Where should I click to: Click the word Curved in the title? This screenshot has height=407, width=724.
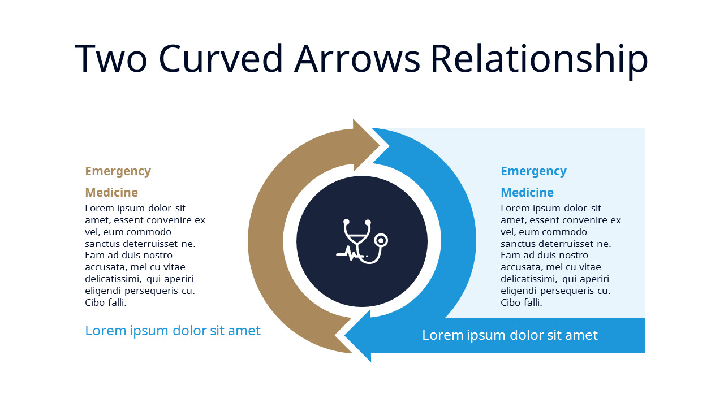pos(220,58)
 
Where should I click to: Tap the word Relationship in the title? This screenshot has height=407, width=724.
pos(538,58)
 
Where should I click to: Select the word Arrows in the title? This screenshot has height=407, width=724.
pos(357,58)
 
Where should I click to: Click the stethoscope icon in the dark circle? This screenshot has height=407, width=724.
pos(362,241)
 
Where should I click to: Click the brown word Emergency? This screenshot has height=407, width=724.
pos(118,171)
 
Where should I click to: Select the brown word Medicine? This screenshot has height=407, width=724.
pos(111,192)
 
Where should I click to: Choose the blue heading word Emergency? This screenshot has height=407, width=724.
pos(533,171)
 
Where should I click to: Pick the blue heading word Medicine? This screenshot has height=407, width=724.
pos(527,192)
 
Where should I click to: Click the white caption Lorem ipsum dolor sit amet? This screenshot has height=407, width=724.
pos(510,335)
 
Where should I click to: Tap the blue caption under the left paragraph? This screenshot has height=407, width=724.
pos(173,331)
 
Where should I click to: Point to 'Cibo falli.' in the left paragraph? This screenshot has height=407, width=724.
pos(106,302)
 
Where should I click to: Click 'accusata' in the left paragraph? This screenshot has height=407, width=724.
pos(104,267)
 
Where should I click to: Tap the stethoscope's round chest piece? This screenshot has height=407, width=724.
pos(382,240)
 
